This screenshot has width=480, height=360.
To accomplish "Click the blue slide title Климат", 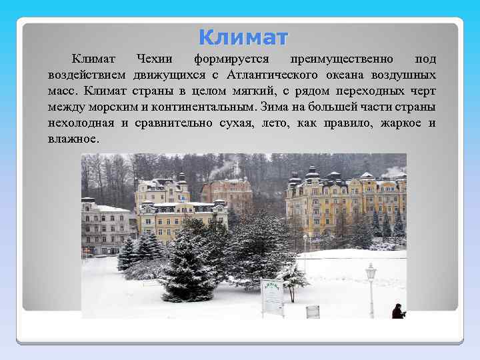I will [243, 35].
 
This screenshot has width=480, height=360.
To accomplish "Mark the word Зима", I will [275, 107].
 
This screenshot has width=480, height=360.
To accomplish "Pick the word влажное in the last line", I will [73, 139].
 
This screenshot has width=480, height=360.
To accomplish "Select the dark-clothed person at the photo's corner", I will [398, 311].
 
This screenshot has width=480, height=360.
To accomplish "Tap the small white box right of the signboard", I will [312, 311].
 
